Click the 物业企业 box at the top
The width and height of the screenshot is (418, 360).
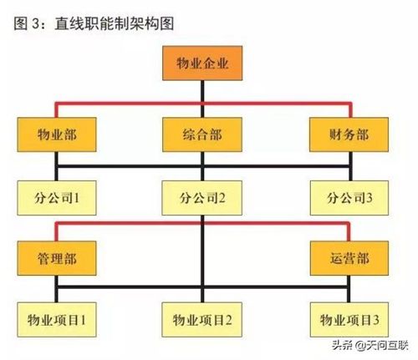click(x=202, y=63)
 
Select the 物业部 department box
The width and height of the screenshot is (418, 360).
click(x=57, y=134)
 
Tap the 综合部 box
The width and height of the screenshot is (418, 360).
click(x=202, y=134)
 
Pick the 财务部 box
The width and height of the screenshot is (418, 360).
click(x=349, y=134)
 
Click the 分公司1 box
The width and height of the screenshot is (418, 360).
click(x=57, y=198)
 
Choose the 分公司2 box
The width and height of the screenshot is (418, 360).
click(x=202, y=198)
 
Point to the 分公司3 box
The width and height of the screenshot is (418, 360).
click(x=349, y=198)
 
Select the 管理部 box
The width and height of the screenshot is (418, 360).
click(x=57, y=258)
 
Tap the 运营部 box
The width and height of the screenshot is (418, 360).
click(x=349, y=258)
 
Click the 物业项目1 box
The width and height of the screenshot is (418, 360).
click(x=57, y=320)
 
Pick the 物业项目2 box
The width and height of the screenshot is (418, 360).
click(x=202, y=320)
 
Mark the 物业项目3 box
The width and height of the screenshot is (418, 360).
click(x=349, y=320)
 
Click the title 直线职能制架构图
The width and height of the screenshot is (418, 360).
click(x=115, y=23)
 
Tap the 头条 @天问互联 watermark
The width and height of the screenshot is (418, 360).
click(x=370, y=346)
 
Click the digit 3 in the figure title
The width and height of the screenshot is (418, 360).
click(x=36, y=23)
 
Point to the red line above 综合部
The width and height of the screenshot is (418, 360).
click(x=202, y=104)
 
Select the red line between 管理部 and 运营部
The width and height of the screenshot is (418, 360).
click(x=202, y=223)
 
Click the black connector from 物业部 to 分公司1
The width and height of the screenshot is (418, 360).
click(x=57, y=166)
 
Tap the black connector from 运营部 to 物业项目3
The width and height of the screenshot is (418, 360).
click(x=349, y=289)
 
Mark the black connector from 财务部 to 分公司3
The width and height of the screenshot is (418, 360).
click(x=350, y=166)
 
